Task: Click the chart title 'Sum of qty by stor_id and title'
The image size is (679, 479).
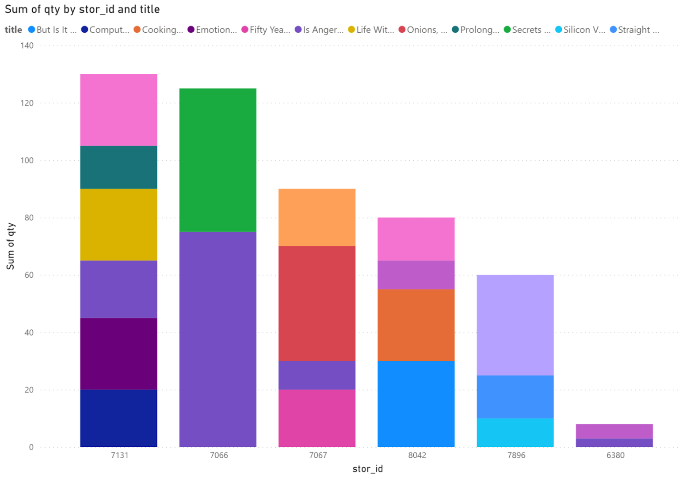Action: tap(82, 9)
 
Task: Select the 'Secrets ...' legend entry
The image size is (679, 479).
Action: tap(527, 30)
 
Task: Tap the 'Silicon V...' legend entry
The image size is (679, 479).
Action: tap(580, 30)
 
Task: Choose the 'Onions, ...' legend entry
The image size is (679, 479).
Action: tap(423, 30)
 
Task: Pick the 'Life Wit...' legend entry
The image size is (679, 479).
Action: tap(371, 30)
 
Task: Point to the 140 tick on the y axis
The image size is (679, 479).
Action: tap(27, 45)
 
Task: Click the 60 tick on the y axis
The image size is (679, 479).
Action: tap(29, 275)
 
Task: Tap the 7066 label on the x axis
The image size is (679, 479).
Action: tap(219, 455)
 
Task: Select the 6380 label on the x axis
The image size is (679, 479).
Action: tap(615, 455)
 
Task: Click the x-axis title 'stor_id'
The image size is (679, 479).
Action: tap(367, 469)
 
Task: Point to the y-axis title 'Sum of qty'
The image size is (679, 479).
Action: tap(11, 246)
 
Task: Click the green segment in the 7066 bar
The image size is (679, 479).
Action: tap(218, 160)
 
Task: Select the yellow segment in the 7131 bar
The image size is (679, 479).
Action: tap(118, 224)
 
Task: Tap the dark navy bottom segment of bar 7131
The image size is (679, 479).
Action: tap(118, 418)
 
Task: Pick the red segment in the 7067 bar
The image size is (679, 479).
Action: tap(317, 303)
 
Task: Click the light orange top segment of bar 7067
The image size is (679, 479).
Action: tap(317, 217)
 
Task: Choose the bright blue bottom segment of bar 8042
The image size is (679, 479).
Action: tap(416, 404)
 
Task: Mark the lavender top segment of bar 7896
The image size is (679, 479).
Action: tap(515, 325)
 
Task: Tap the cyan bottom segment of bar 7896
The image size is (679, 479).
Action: tap(515, 432)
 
